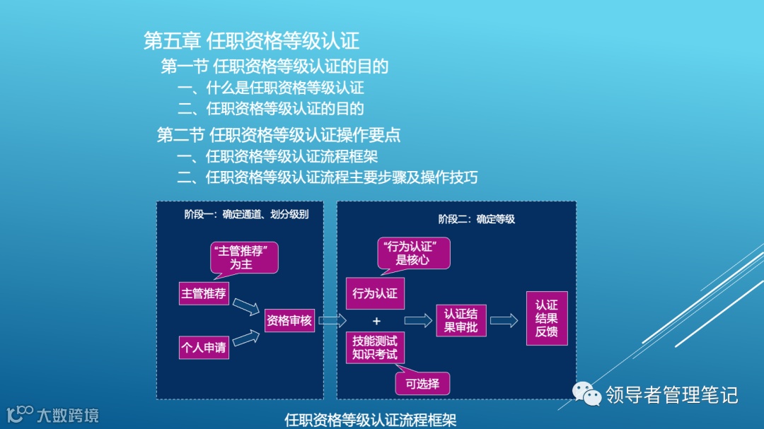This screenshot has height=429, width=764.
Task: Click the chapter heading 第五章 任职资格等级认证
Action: point(251,40)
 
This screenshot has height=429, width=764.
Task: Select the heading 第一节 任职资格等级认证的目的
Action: point(274,66)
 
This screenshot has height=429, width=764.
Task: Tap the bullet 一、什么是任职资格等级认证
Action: point(271,88)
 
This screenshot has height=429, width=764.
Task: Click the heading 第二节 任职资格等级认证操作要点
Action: point(279,134)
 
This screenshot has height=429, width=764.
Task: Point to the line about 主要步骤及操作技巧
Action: point(328,177)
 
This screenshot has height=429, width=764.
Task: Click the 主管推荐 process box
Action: point(203,293)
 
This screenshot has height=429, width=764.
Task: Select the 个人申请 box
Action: point(203,347)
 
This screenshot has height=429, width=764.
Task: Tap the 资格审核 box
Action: point(289,321)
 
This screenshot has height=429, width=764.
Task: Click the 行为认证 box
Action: point(375,293)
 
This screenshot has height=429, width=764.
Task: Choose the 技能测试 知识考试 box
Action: point(375,347)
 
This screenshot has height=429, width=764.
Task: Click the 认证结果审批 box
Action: point(461,320)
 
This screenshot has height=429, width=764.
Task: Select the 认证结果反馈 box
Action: point(546,318)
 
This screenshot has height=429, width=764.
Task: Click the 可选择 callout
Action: point(422,384)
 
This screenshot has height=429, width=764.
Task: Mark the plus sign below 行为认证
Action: point(376,321)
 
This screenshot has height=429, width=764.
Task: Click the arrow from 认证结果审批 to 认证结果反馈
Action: point(504,321)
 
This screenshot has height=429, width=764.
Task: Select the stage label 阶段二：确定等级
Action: point(476,219)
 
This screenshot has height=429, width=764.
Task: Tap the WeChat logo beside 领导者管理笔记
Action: point(585,393)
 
